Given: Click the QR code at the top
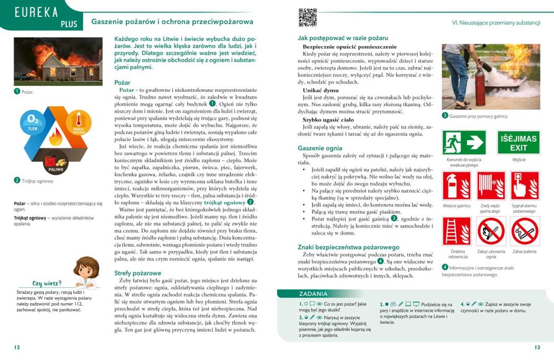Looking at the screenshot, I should (x=307, y=17).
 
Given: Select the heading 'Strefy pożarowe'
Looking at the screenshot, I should (x=137, y=273).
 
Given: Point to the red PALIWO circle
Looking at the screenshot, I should (x=56, y=163).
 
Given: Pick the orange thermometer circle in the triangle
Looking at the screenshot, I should (x=78, y=123).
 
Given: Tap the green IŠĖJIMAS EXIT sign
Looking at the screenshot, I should (x=519, y=143).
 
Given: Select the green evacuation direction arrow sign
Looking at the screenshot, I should (x=464, y=143).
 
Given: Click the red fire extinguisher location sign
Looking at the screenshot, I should (x=457, y=186).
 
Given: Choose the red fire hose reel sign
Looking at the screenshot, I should (x=491, y=186).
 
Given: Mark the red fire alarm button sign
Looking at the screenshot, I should (x=525, y=186).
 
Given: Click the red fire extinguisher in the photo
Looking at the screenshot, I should (x=479, y=87).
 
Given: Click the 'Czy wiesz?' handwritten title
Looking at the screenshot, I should (x=47, y=283).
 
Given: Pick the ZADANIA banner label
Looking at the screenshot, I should (x=313, y=294).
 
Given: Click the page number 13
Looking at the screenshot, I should (x=537, y=347).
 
